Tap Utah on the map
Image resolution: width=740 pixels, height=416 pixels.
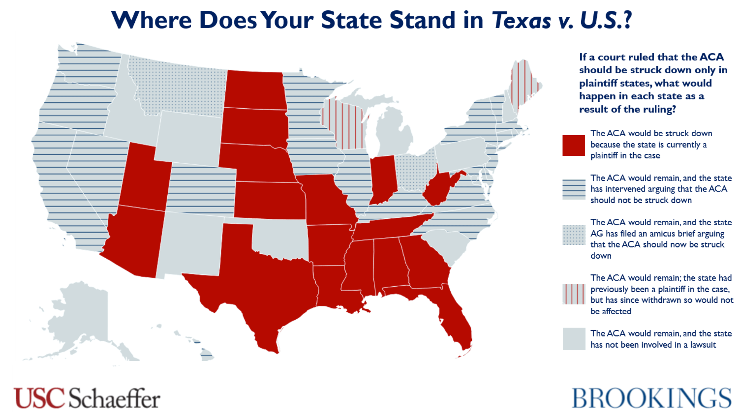pyautogui.click(x=145, y=179)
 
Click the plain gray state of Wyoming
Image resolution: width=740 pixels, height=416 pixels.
pyautogui.click(x=189, y=139)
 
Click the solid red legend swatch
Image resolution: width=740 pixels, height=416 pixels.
pyautogui.click(x=573, y=145)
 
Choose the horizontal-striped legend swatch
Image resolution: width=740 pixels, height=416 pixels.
pyautogui.click(x=573, y=189)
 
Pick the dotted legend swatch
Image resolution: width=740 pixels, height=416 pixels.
pyautogui.click(x=573, y=235)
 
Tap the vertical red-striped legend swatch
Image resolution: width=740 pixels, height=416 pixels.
pyautogui.click(x=573, y=294)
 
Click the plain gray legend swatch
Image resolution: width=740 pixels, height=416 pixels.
pyautogui.click(x=573, y=339)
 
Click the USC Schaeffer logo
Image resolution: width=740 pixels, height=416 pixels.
pyautogui.click(x=87, y=398)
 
